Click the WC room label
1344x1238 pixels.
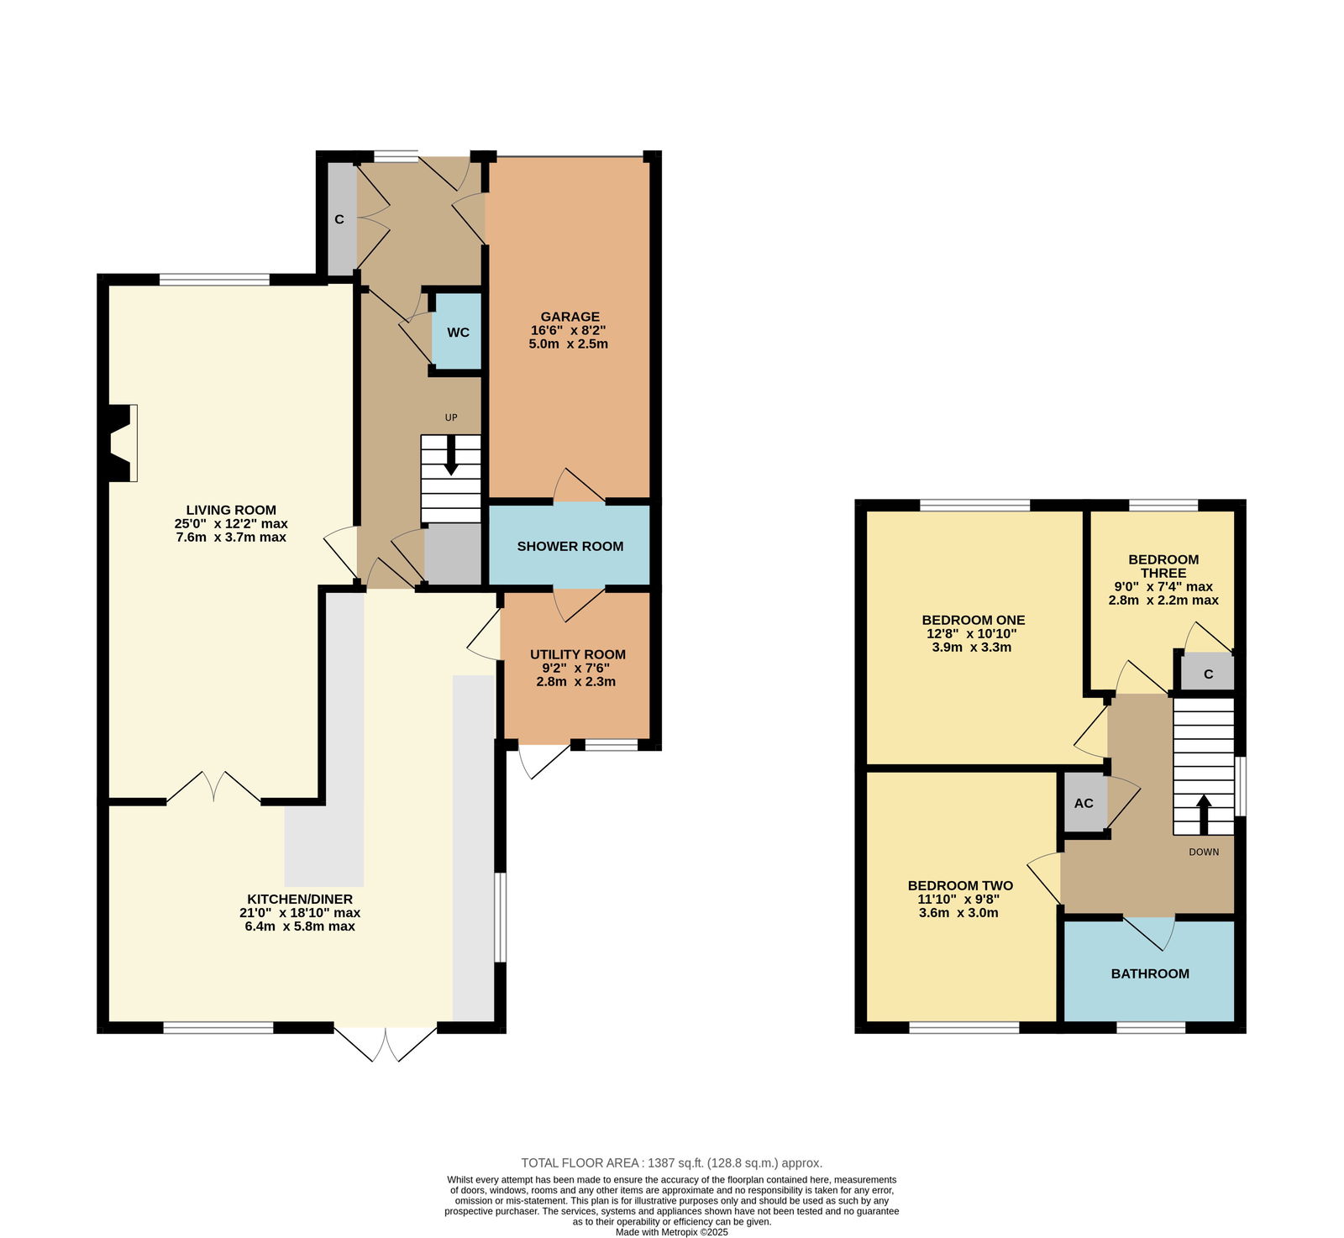click(x=458, y=333)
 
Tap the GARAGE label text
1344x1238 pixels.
click(x=570, y=317)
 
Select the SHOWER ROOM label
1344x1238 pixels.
click(x=570, y=546)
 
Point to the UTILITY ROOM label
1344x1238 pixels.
click(x=578, y=654)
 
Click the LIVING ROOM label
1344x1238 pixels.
click(x=231, y=510)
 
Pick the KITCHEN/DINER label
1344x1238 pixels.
click(x=300, y=899)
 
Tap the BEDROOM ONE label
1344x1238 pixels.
click(x=974, y=620)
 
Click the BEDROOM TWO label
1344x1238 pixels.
click(x=960, y=885)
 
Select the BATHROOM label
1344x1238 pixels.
click(x=1150, y=973)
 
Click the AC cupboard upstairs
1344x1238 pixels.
click(x=1084, y=803)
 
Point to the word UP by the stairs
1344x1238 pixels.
click(x=451, y=417)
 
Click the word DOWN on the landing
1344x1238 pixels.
click(x=1204, y=852)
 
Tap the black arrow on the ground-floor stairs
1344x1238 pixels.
click(x=451, y=455)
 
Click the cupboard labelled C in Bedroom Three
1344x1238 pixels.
click(x=1208, y=673)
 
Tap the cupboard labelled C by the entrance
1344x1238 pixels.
click(x=340, y=219)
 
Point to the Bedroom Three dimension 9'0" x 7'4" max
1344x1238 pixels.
click(x=1163, y=587)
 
